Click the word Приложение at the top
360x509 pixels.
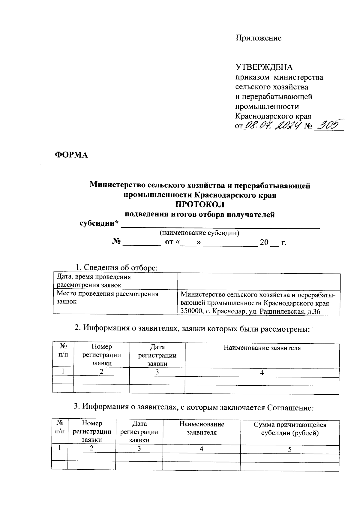[x=258, y=38]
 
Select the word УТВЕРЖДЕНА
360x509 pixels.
[x=264, y=67]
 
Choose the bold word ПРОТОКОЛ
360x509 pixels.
[x=199, y=205]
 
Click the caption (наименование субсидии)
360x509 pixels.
[x=199, y=233]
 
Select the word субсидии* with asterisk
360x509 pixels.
[x=99, y=224]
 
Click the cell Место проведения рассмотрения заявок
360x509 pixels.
[x=107, y=298]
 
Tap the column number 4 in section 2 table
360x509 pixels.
[x=262, y=373]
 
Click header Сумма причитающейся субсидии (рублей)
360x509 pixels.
[x=290, y=429]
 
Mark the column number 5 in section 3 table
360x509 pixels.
[x=290, y=449]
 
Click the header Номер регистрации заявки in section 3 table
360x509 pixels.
[x=92, y=432]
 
